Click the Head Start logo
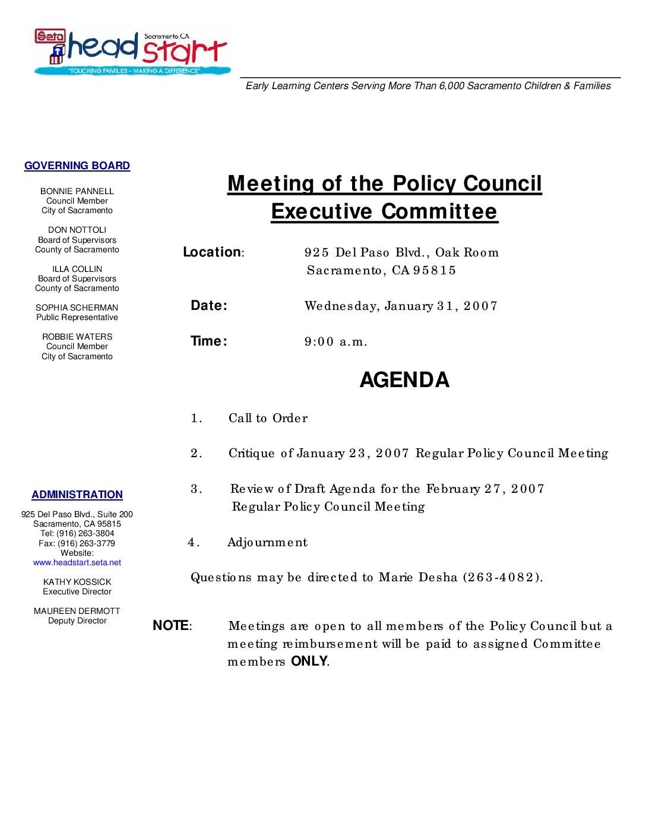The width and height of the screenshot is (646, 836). click(132, 52)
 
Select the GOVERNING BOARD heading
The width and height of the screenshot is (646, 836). click(77, 166)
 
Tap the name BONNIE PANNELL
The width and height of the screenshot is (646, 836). click(77, 191)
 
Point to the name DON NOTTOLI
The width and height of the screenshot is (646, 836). click(77, 230)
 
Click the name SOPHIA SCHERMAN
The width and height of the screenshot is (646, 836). click(77, 308)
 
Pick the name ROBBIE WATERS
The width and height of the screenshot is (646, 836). click(77, 337)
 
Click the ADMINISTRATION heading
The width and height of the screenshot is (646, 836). click(77, 495)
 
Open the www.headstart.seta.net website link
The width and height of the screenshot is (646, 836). click(77, 562)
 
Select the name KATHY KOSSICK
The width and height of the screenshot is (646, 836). click(77, 582)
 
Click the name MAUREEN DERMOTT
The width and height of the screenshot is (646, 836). click(77, 611)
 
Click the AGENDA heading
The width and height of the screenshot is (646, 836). click(404, 380)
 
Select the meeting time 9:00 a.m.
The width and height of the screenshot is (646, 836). click(336, 341)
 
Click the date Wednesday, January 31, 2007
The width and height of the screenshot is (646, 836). click(401, 306)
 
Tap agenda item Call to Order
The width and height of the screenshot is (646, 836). click(268, 418)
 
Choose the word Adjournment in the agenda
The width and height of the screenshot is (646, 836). click(267, 542)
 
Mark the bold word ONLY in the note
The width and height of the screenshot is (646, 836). click(309, 661)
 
